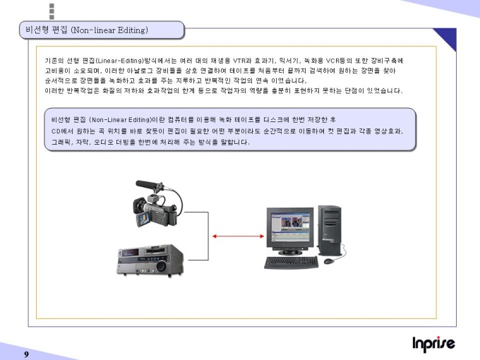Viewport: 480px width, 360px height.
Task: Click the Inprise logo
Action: tap(433, 344)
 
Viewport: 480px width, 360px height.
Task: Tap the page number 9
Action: tap(27, 354)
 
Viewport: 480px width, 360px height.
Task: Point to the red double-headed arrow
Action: tap(238, 236)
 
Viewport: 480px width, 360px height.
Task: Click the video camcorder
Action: tap(157, 203)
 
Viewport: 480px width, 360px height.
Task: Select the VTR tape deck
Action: tap(150, 260)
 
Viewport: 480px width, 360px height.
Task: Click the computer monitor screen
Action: tap(290, 227)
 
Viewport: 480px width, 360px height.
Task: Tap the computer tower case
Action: tap(330, 230)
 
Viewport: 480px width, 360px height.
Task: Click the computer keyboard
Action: tap(291, 263)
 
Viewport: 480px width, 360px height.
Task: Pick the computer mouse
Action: tap(329, 261)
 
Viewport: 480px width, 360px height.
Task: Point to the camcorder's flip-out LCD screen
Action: tap(143, 219)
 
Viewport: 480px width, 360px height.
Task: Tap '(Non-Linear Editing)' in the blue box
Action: tap(120, 120)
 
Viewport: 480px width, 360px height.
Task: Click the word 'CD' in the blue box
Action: tap(56, 131)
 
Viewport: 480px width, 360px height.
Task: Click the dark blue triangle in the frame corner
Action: tap(448, 37)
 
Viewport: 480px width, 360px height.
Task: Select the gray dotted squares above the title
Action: tap(52, 11)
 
